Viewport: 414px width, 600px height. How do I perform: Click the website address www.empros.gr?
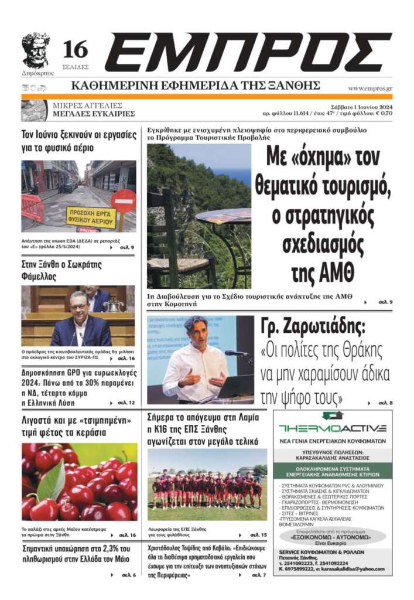[x=370, y=88]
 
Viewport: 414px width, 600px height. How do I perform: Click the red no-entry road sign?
[x=123, y=201]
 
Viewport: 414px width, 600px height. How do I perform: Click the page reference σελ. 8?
[x=385, y=403]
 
